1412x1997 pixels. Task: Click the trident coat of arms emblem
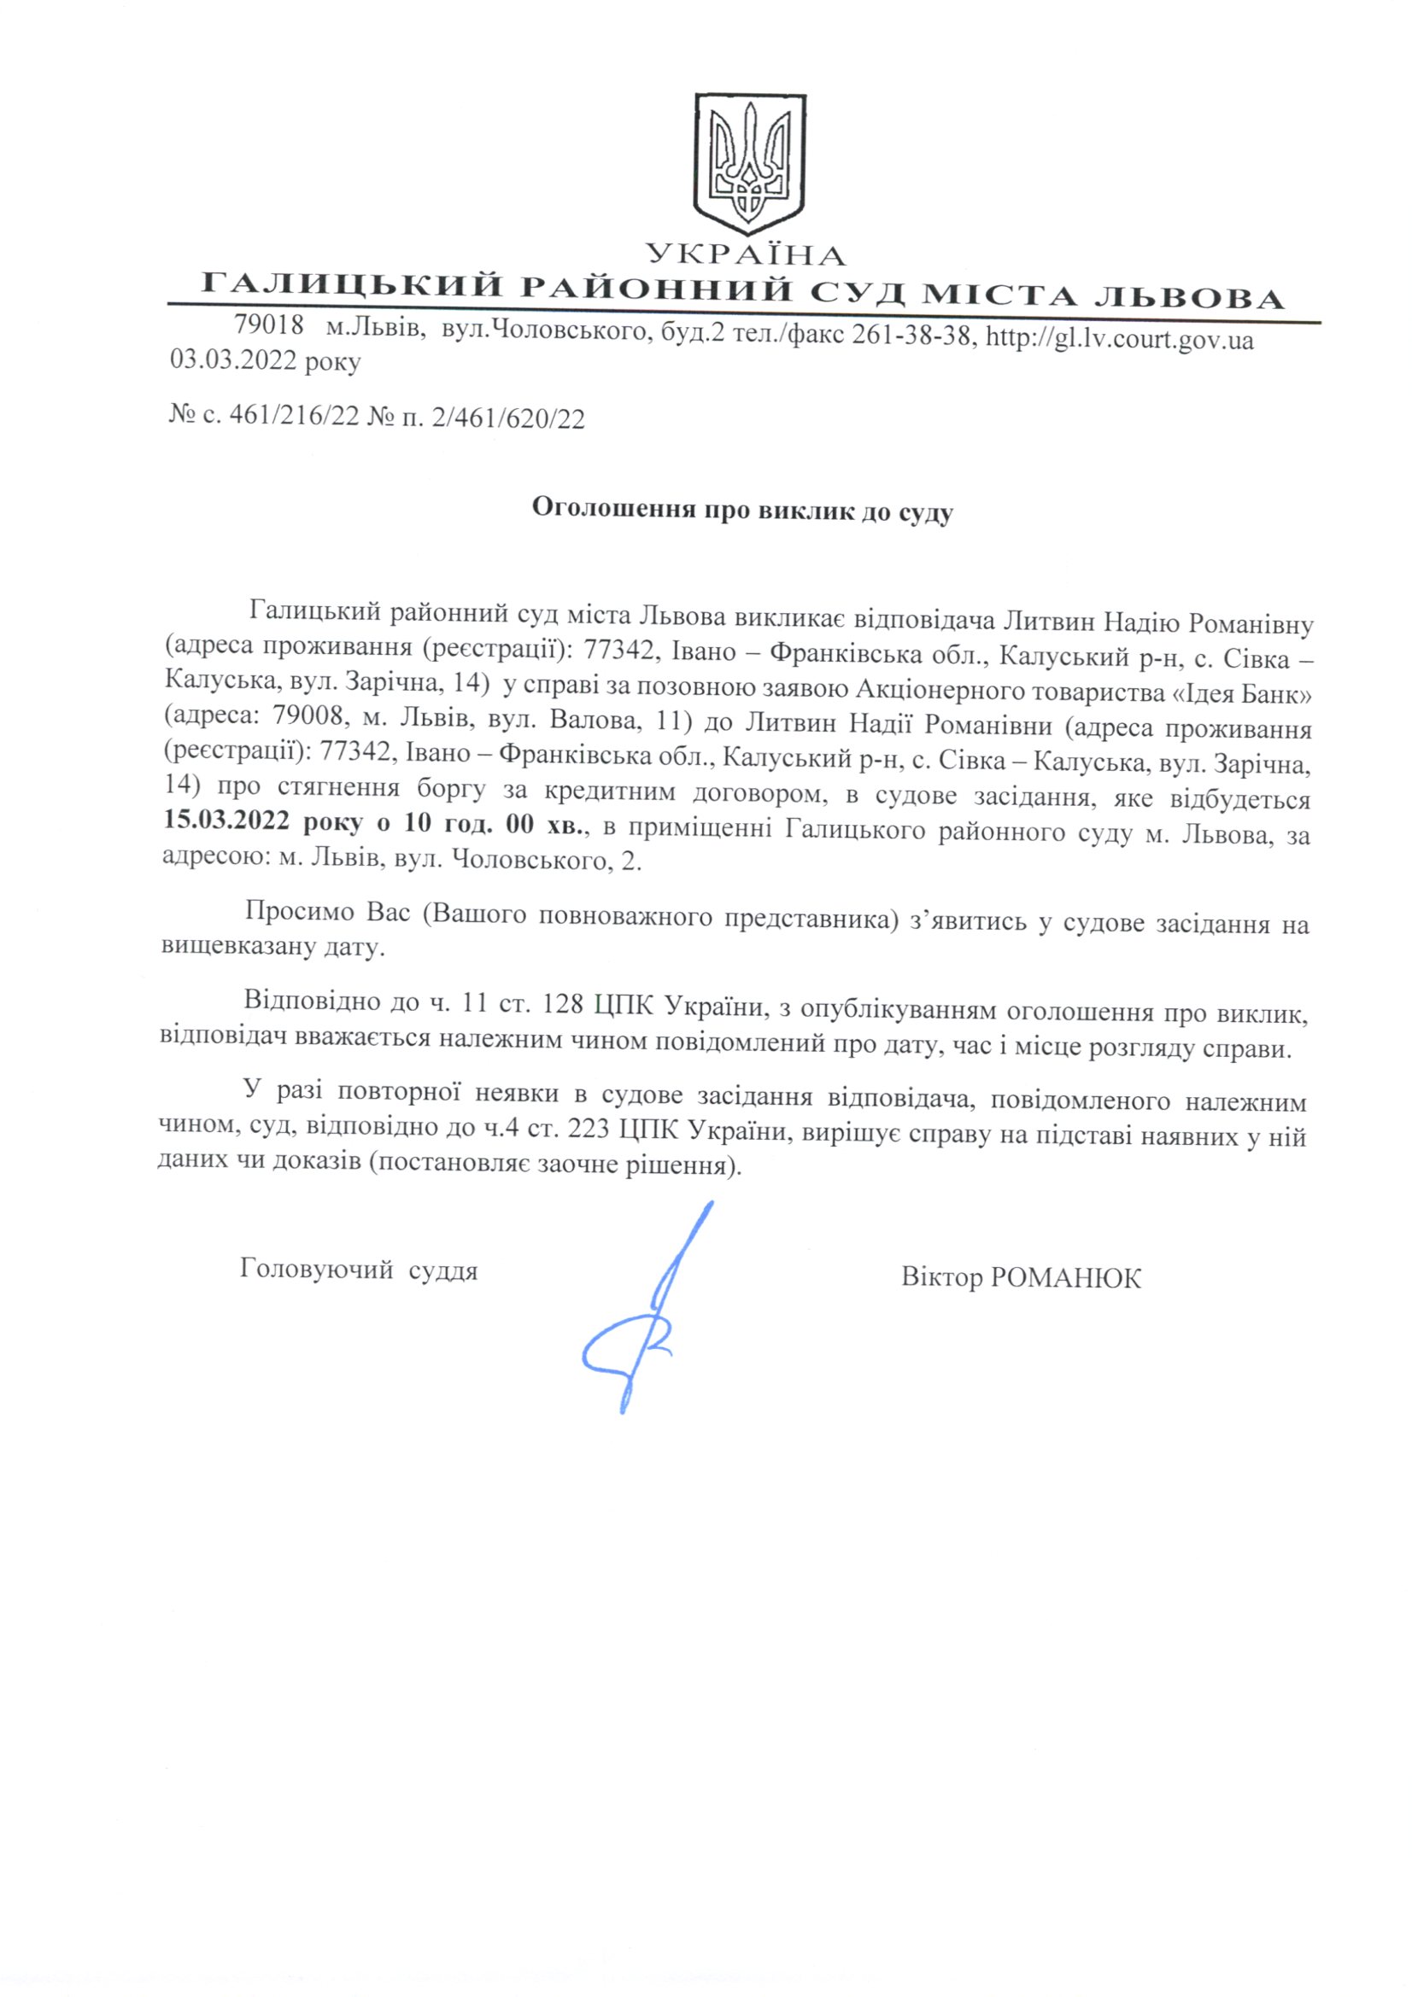[x=748, y=163]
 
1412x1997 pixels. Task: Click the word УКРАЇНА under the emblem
[x=747, y=254]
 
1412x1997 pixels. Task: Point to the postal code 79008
[x=304, y=723]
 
